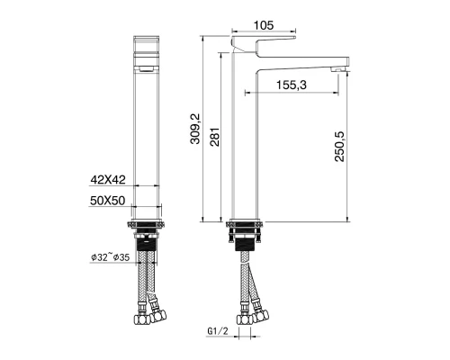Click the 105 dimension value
[x=263, y=26]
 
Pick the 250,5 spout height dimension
[x=338, y=144]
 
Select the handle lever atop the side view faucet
[x=264, y=43]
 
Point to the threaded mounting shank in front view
[x=147, y=239]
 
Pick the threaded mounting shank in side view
[x=244, y=239]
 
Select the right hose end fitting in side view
[x=261, y=313]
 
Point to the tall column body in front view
[x=147, y=144]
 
